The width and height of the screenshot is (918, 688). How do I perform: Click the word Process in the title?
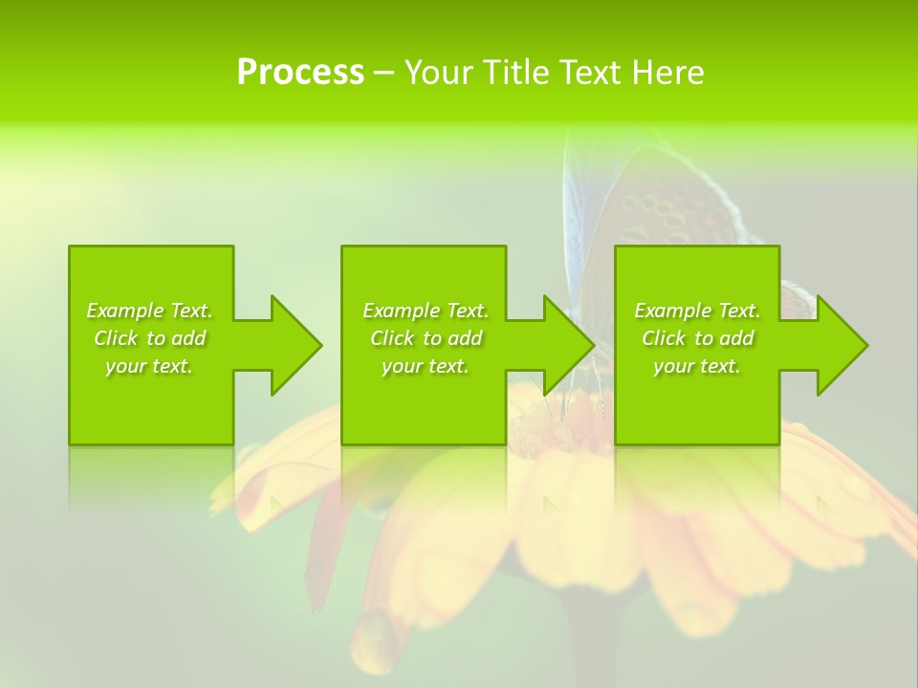pos(300,73)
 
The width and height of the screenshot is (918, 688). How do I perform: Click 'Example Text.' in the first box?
pos(149,311)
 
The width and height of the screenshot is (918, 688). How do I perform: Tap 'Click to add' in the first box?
pos(149,338)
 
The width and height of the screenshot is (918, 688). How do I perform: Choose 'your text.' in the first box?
pos(149,366)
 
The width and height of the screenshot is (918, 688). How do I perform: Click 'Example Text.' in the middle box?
pos(425,311)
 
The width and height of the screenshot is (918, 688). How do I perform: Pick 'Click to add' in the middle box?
pos(425,338)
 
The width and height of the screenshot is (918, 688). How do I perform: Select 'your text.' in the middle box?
pos(425,366)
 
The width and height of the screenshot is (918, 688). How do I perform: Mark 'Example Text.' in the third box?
pos(697,311)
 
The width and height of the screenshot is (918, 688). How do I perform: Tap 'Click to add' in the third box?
pos(697,338)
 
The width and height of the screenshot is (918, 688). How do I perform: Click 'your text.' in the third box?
pos(697,366)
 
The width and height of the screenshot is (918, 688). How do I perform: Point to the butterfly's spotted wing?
pos(669,205)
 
